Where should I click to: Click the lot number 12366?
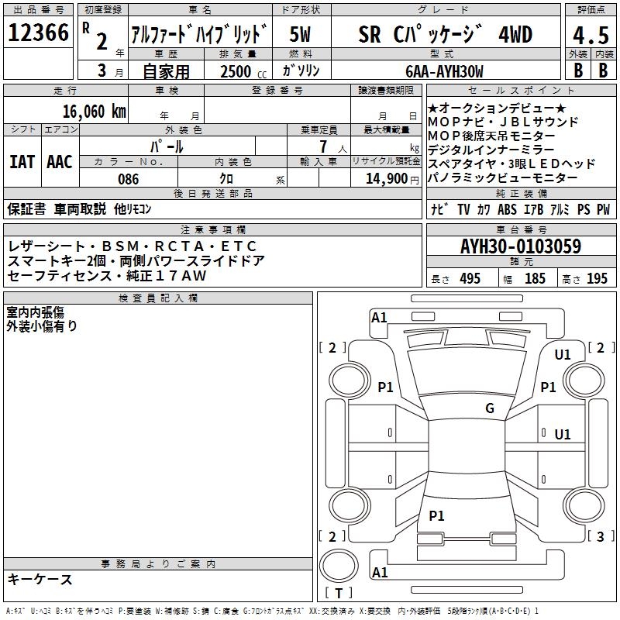[x=38, y=33]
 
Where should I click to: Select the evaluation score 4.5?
[x=590, y=35]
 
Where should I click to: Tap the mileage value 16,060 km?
[x=95, y=111]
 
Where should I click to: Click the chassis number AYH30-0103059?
[x=520, y=247]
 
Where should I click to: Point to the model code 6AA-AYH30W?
[x=445, y=71]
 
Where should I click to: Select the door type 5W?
[x=301, y=35]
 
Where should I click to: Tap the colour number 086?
[x=129, y=179]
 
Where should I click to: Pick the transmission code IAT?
[x=22, y=162]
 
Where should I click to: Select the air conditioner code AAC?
[x=60, y=162]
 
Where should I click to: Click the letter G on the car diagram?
[x=490, y=408]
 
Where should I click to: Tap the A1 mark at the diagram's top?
[x=379, y=317]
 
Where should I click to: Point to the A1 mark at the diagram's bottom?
[x=379, y=573]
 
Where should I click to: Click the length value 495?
[x=470, y=279]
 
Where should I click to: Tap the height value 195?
[x=597, y=279]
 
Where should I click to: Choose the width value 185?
[x=535, y=279]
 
